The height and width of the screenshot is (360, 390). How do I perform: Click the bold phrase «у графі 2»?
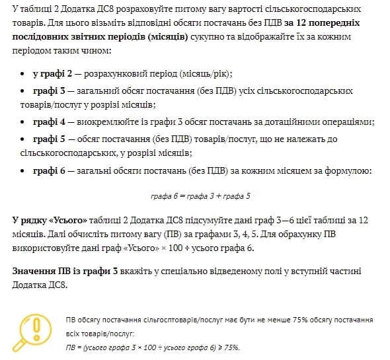pyautogui.click(x=52, y=73)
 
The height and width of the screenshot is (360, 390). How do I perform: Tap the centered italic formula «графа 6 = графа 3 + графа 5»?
pyautogui.click(x=200, y=196)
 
